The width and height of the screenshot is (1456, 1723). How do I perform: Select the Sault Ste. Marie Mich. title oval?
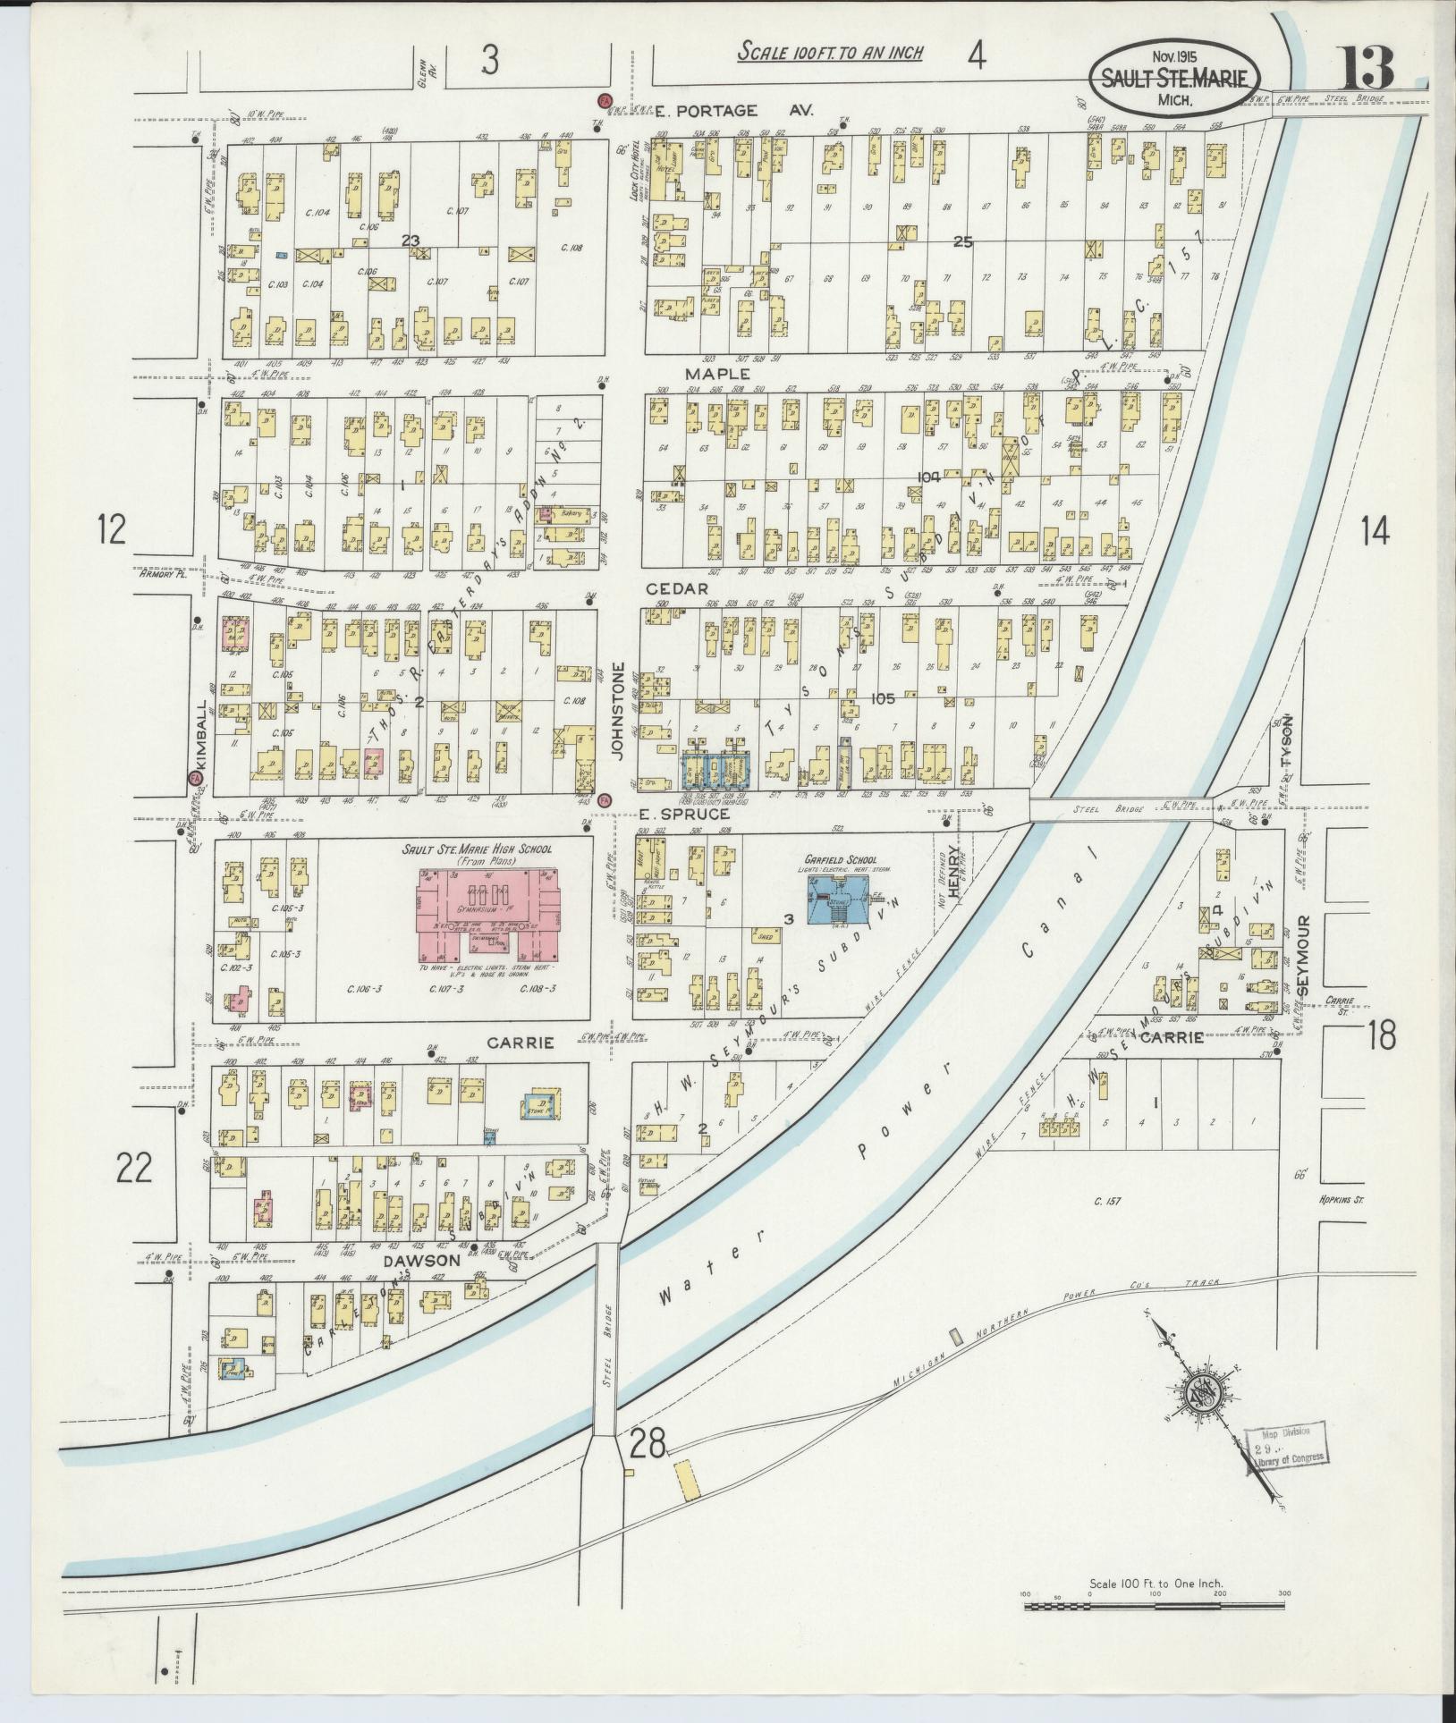point(1174,79)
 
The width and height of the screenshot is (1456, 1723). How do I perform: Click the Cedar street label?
point(683,588)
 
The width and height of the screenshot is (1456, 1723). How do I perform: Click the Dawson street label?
point(421,1261)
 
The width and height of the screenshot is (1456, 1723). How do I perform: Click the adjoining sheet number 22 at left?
point(135,1167)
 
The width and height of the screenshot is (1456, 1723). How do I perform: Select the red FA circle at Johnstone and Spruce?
point(605,799)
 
